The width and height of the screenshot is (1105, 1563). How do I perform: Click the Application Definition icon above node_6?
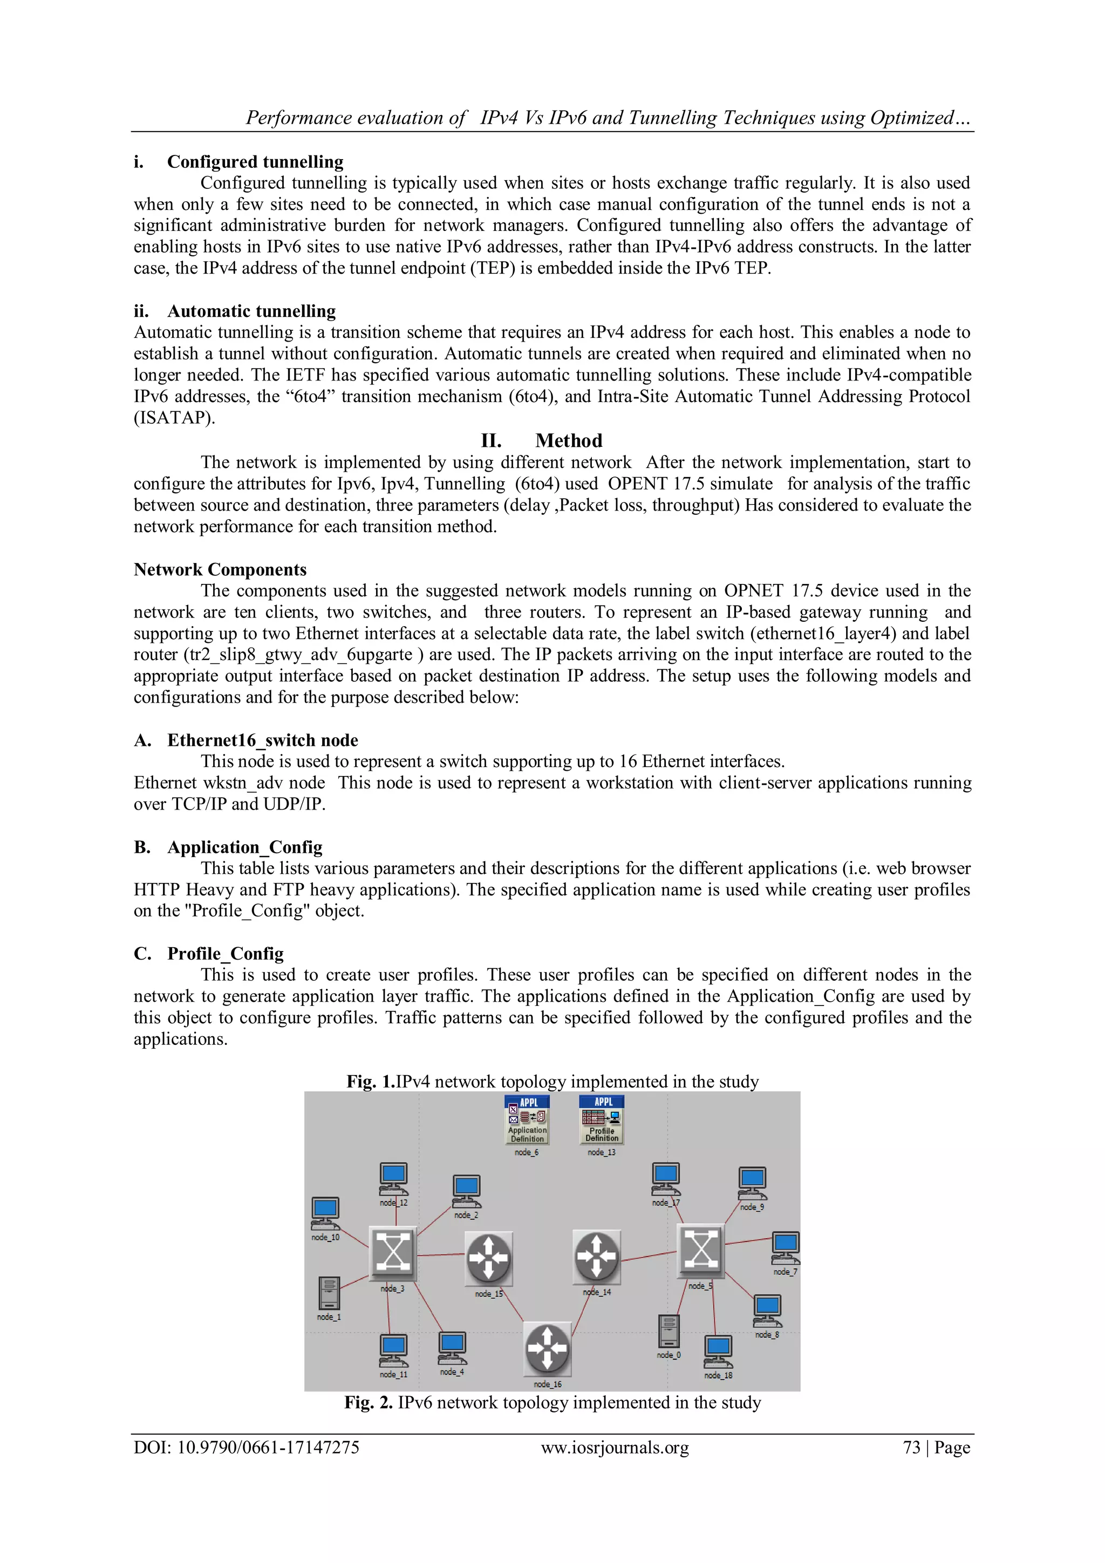point(527,1119)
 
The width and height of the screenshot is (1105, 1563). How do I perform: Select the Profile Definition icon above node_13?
point(602,1119)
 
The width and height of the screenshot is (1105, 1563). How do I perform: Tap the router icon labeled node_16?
point(547,1349)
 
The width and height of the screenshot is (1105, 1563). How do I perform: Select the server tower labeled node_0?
point(669,1330)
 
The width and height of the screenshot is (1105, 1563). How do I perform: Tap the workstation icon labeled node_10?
point(325,1212)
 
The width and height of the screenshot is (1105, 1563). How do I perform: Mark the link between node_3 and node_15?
point(441,1255)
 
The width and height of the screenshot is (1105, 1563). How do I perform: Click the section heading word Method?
point(568,441)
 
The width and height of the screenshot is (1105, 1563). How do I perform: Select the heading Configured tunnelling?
point(255,162)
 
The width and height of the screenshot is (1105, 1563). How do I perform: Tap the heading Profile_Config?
point(225,954)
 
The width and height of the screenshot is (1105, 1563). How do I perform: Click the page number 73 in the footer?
point(911,1448)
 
